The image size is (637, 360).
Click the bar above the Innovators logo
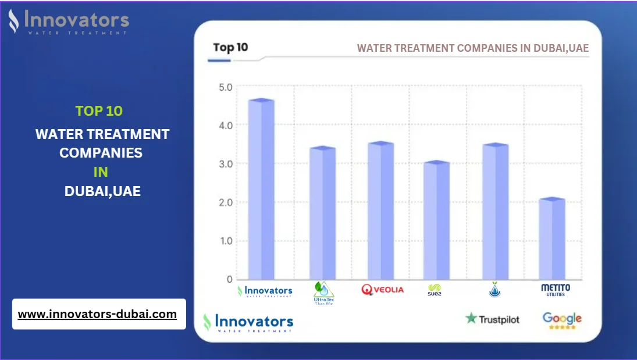click(261, 190)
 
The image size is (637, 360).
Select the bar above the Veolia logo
click(380, 211)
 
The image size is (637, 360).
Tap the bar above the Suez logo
click(436, 221)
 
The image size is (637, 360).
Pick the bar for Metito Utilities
click(551, 239)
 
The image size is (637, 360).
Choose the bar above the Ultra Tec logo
click(322, 213)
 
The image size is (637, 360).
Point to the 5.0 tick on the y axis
click(225, 87)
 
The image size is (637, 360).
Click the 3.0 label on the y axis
click(225, 164)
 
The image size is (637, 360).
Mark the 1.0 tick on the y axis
click(225, 241)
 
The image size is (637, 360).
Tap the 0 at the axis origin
click(229, 279)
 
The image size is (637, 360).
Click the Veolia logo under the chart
click(382, 290)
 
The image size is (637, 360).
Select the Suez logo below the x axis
click(435, 290)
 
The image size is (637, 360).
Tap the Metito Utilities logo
click(556, 290)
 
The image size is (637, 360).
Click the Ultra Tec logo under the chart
click(323, 293)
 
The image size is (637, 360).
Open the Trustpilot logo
click(492, 319)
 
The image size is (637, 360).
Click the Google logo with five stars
click(562, 320)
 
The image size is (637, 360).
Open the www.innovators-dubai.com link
click(97, 314)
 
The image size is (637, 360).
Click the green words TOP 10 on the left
click(99, 111)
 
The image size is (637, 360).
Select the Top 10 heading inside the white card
click(230, 48)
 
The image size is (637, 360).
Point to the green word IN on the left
click(101, 172)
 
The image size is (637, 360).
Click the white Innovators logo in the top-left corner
click(68, 22)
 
